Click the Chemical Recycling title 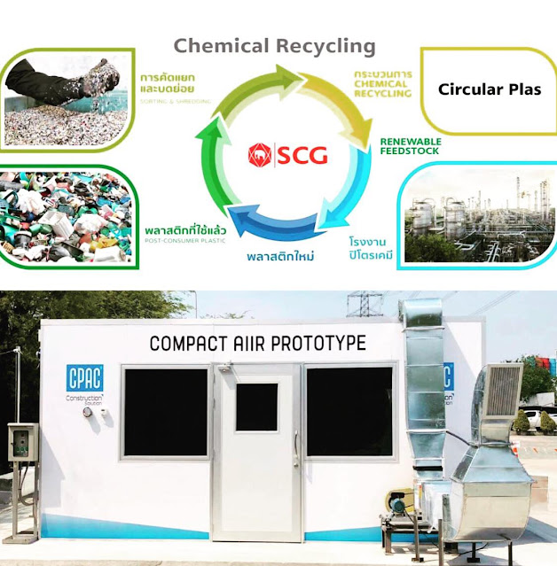[274, 46]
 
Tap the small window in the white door [256, 407]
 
